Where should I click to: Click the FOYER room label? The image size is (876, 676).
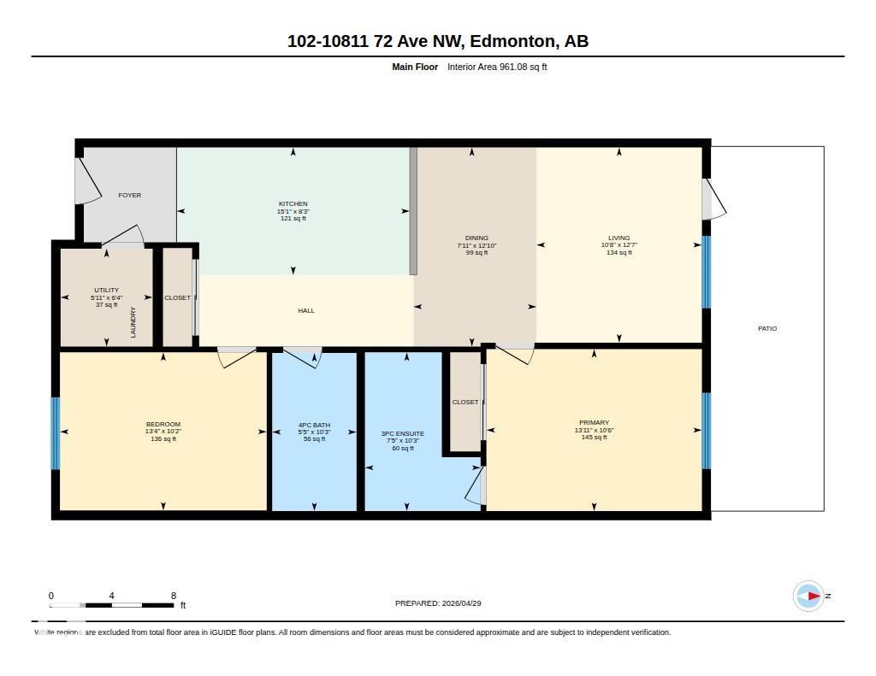pos(129,196)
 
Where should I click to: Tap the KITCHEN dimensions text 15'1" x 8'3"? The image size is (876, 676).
pos(293,211)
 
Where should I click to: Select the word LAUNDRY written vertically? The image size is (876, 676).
pos(133,322)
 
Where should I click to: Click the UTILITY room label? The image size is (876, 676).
pos(107,290)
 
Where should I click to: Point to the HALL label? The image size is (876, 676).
pos(306,310)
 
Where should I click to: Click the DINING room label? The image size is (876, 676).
pos(476,238)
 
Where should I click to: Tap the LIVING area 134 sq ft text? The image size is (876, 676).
pos(619,252)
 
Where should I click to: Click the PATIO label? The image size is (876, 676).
pos(767,328)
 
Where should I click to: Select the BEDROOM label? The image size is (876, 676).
pos(163,425)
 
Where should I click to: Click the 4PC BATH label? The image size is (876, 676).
pos(314,425)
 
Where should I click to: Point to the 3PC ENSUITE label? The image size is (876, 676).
pos(402,433)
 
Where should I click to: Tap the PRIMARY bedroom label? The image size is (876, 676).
pos(594,422)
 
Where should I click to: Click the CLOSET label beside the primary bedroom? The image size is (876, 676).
pos(465,402)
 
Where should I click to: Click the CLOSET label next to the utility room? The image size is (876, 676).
pos(177,297)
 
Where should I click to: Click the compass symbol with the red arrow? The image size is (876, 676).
pos(808,596)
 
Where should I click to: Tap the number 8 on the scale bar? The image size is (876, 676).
pos(174,596)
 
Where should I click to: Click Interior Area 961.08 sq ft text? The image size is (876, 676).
pos(497,67)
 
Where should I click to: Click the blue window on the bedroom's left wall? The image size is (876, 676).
pos(56,433)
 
